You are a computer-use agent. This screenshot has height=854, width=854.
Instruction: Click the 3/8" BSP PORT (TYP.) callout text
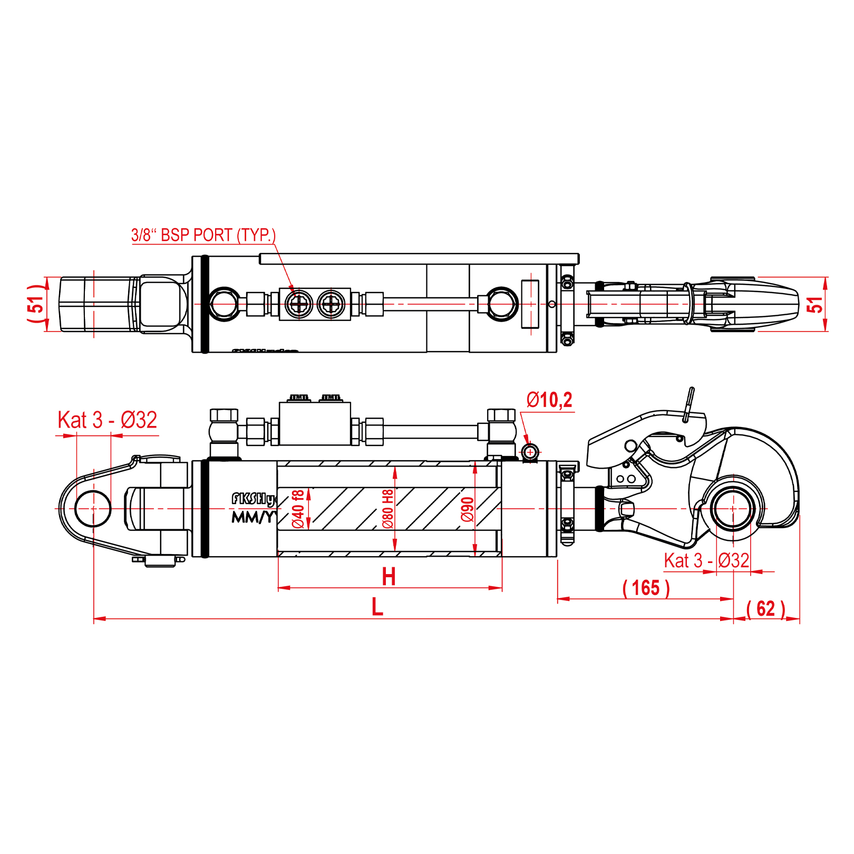pyautogui.click(x=203, y=235)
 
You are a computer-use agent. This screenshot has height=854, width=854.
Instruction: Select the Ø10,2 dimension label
pyautogui.click(x=549, y=400)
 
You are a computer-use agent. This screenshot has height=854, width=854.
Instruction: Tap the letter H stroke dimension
pyautogui.click(x=389, y=577)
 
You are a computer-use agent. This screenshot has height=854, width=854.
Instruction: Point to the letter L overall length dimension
pyautogui.click(x=377, y=607)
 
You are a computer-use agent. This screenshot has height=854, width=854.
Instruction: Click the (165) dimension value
pyautogui.click(x=646, y=588)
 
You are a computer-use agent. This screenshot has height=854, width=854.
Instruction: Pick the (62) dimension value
pyautogui.click(x=766, y=609)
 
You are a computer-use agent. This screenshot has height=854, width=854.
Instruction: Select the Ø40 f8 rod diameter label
pyautogui.click(x=298, y=509)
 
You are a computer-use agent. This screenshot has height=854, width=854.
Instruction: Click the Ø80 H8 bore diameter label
pyautogui.click(x=388, y=509)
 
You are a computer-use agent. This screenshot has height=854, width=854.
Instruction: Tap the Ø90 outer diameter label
pyautogui.click(x=468, y=509)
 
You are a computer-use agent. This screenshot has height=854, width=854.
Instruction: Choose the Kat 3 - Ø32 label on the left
pyautogui.click(x=108, y=420)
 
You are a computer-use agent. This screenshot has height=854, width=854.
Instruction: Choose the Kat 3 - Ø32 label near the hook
pyautogui.click(x=706, y=560)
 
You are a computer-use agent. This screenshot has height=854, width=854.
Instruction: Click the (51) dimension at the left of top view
pyautogui.click(x=36, y=304)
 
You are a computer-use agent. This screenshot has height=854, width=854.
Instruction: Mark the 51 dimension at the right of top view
pyautogui.click(x=815, y=304)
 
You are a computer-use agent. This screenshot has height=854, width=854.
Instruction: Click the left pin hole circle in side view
pyautogui.click(x=93, y=509)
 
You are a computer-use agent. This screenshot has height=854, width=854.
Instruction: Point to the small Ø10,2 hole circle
pyautogui.click(x=530, y=452)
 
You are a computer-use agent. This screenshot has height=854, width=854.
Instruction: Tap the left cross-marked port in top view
pyautogui.click(x=299, y=304)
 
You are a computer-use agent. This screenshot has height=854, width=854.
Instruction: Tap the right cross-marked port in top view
pyautogui.click(x=331, y=304)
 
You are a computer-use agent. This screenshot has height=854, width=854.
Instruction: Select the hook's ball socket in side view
pyautogui.click(x=733, y=508)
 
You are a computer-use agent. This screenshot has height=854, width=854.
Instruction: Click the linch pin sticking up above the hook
pyautogui.click(x=688, y=404)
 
